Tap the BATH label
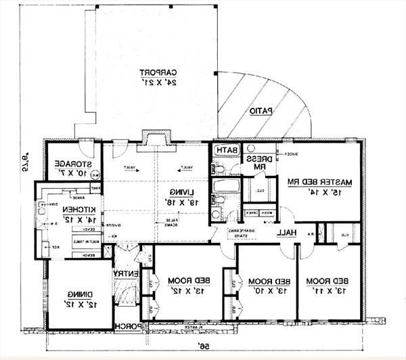226,150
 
